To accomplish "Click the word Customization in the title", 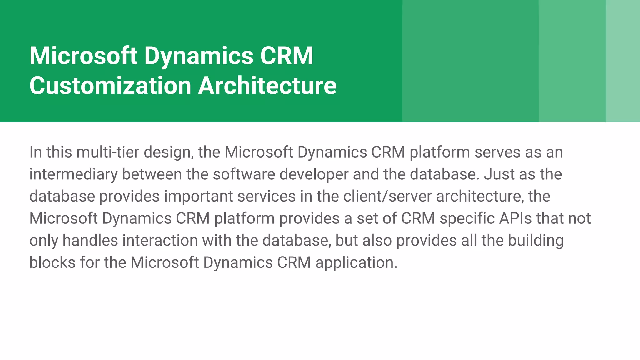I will pyautogui.click(x=110, y=86).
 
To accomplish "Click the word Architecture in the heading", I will pyautogui.click(x=267, y=86).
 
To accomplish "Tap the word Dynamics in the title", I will pyautogui.click(x=198, y=56).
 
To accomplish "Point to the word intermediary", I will pyautogui.click(x=73, y=174).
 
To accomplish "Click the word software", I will pyautogui.click(x=244, y=174).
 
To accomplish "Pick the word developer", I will pyautogui.click(x=314, y=174).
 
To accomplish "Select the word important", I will pyautogui.click(x=198, y=197).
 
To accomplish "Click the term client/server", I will pyautogui.click(x=387, y=197).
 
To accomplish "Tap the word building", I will pyautogui.click(x=536, y=241).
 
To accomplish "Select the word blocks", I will pyautogui.click(x=52, y=262).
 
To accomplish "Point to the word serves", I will pyautogui.click(x=497, y=152).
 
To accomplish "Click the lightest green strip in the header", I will pyautogui.click(x=623, y=61).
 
